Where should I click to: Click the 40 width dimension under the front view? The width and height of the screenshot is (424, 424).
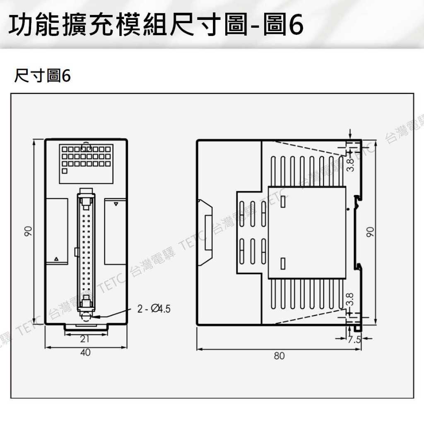click(85, 352)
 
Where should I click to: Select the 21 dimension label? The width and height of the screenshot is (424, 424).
click(85, 339)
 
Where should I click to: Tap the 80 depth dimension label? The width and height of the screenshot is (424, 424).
click(279, 356)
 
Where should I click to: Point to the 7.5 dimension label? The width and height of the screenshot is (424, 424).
click(354, 340)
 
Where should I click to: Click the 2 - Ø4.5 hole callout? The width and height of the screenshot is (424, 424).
click(154, 308)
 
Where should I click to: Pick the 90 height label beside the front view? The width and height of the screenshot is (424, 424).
click(28, 231)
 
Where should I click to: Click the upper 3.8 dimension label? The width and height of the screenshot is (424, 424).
click(350, 165)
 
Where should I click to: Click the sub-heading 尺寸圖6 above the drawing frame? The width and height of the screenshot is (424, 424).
click(43, 75)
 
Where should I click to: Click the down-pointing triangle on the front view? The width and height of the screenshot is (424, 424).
click(116, 204)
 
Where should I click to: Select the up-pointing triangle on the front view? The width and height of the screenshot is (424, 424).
click(56, 259)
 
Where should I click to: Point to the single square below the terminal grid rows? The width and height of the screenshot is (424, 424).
click(64, 171)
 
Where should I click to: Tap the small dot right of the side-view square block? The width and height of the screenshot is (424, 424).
click(348, 209)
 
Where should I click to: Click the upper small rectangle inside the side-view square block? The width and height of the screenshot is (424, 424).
click(283, 202)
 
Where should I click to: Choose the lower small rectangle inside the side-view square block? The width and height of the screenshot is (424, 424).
click(283, 263)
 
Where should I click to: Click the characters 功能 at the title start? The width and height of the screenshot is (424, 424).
click(34, 25)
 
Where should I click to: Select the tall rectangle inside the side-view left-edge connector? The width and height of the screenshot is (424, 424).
click(208, 233)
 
